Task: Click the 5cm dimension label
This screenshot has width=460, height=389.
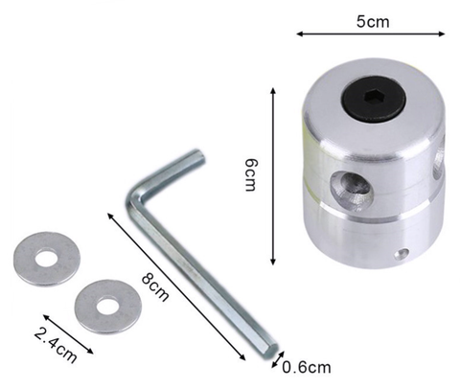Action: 373,22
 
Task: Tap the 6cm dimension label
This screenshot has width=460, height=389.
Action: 250,175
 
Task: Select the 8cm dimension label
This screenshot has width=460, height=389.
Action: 155,287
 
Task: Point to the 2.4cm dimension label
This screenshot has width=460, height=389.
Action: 56,345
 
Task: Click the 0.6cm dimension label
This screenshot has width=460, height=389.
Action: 307,367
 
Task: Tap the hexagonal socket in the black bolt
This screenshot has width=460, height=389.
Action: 374,97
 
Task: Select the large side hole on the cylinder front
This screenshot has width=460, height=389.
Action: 352,189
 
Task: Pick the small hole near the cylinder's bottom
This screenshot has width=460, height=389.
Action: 402,254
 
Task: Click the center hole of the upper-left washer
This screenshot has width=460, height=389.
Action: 45,259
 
